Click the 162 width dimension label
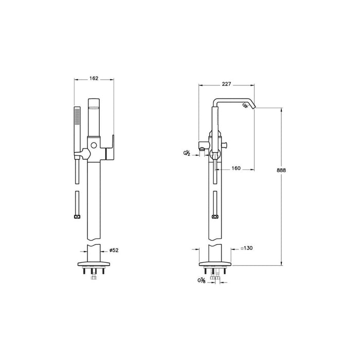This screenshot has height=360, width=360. [94, 79]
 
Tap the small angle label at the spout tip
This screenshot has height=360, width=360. [245, 105]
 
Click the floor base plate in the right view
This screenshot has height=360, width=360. [215, 265]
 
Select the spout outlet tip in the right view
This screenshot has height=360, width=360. [254, 107]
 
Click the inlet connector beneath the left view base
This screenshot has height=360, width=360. [93, 277]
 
